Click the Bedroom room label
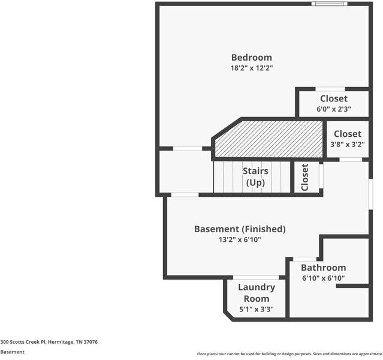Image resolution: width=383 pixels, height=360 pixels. [x=252, y=58]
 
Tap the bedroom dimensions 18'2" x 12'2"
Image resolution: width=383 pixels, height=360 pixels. [x=252, y=68]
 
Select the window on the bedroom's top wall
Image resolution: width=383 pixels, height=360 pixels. [x=330, y=4]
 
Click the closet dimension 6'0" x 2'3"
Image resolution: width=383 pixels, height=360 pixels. [x=334, y=109]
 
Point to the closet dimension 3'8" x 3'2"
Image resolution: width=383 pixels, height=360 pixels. [x=348, y=144]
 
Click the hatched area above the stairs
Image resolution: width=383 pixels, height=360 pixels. [x=269, y=139]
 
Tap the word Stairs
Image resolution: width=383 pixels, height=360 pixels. [x=255, y=171]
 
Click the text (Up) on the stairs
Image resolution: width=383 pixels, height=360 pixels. [x=255, y=182]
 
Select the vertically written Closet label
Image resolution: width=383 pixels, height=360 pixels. [x=304, y=178]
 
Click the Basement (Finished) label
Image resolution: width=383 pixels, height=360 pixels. [x=240, y=229]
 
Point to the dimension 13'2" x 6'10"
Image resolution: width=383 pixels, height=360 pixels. [x=240, y=239]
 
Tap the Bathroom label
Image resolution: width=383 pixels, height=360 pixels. [x=324, y=268]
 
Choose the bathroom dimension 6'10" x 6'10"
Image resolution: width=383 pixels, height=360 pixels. [x=324, y=278]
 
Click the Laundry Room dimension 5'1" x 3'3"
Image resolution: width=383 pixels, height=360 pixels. [x=256, y=310]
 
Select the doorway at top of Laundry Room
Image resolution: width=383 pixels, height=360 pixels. [x=256, y=277]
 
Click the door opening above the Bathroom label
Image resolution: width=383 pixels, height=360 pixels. [x=304, y=259]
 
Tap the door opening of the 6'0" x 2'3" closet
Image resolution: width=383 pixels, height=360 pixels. [x=330, y=89]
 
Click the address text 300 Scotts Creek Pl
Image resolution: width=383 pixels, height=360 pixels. [x=23, y=342]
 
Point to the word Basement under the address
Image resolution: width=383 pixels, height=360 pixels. [x=13, y=352]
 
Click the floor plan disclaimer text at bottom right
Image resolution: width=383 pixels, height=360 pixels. [x=289, y=353]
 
